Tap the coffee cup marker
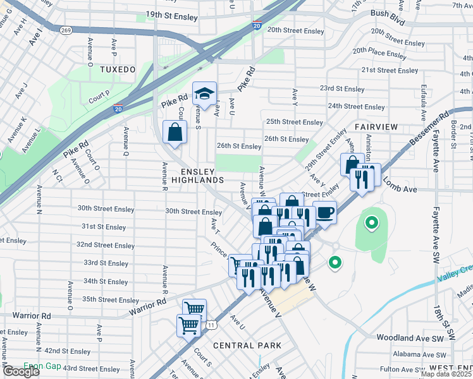(324, 212)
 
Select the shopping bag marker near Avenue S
(175, 133)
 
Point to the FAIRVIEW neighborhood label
(376, 127)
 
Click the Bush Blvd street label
(388, 13)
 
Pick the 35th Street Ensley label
(110, 300)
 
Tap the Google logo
(20, 371)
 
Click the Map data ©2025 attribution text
(446, 374)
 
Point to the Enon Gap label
(41, 366)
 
